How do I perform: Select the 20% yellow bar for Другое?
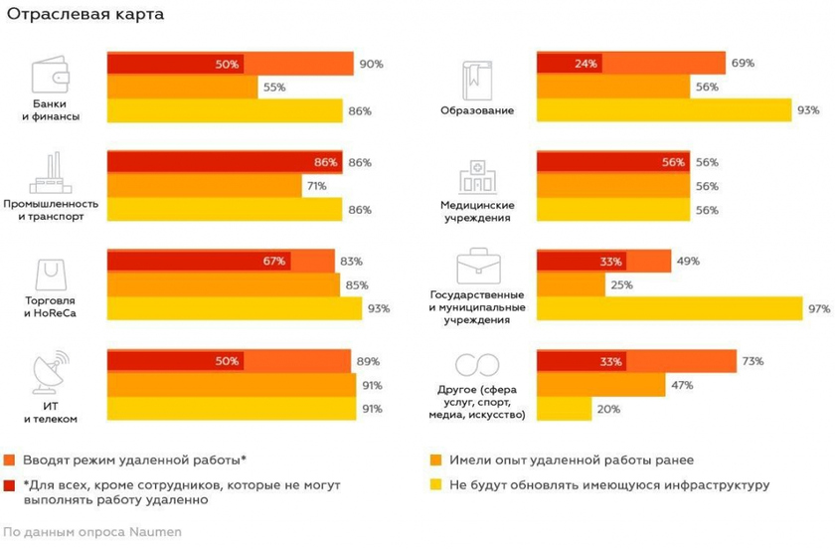click(x=564, y=408)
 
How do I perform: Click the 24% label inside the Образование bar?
click(x=584, y=64)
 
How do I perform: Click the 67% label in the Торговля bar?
click(x=275, y=262)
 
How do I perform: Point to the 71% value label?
click(x=318, y=186)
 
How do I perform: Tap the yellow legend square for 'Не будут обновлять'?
click(x=435, y=485)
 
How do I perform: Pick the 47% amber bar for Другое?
click(x=600, y=384)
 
